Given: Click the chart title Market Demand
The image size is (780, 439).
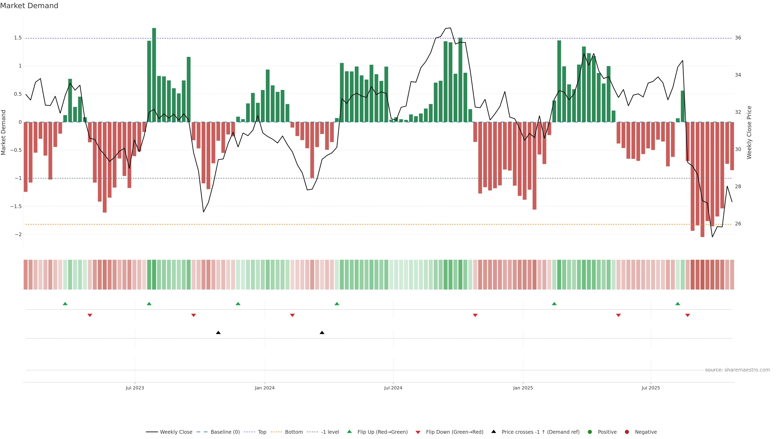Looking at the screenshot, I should click(29, 6).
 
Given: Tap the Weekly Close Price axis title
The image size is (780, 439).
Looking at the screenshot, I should click(749, 132).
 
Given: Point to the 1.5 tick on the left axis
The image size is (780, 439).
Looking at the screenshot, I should click(17, 38).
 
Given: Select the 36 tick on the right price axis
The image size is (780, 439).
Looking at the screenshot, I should click(738, 38).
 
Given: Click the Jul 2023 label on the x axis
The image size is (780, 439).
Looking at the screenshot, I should click(135, 388).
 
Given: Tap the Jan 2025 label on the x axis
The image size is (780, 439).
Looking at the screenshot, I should click(523, 388).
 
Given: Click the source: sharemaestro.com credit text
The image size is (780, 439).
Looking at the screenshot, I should click(737, 370).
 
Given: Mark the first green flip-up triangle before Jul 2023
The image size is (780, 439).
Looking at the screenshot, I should click(65, 304).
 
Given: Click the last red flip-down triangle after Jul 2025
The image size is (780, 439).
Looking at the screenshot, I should click(688, 315).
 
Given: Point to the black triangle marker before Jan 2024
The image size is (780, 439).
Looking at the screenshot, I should click(218, 333).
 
